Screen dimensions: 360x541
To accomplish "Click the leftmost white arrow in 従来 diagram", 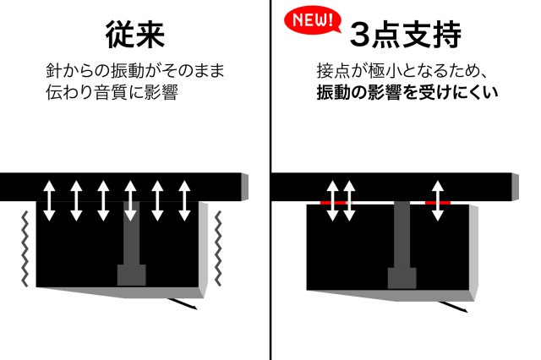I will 49,200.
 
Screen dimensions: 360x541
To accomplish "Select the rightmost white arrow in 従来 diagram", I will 185,200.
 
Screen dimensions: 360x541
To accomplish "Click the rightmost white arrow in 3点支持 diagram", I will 437,200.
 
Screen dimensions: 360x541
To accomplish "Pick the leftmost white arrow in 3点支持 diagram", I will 332,200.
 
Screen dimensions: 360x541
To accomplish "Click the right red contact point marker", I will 437,204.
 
